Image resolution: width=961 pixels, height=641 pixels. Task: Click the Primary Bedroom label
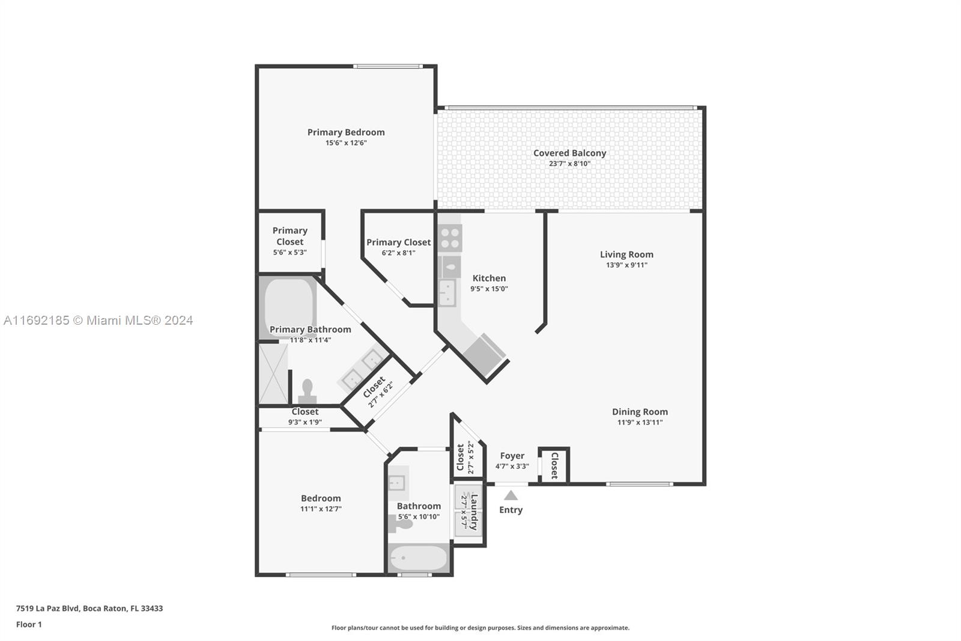[x=346, y=132]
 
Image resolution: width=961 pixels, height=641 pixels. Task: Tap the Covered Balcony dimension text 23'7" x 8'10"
[x=570, y=164]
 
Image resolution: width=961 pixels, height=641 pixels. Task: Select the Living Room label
[x=626, y=254]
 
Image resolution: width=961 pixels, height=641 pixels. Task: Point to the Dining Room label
[x=640, y=411]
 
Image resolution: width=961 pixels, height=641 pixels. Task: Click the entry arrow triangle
[x=511, y=495]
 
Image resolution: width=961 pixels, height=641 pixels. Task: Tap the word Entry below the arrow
[x=511, y=510]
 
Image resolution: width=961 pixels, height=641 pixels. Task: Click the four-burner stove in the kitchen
[x=450, y=238]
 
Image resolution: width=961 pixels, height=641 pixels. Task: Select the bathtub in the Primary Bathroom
[x=288, y=307]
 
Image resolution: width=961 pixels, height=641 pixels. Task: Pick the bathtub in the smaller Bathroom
[x=418, y=557]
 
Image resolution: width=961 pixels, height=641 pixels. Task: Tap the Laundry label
[x=474, y=512]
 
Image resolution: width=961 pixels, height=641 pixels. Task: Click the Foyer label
[x=512, y=455]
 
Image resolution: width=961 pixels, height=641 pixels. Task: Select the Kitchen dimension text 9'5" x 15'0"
[x=489, y=289]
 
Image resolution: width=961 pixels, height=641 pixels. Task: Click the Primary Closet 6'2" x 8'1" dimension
[x=399, y=253]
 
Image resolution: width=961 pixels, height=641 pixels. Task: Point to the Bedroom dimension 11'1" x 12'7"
[x=321, y=509]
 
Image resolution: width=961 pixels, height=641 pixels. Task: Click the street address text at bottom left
[x=89, y=609]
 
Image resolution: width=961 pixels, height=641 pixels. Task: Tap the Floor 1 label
[x=29, y=625]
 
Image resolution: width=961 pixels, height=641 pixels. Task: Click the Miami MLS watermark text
[x=99, y=320]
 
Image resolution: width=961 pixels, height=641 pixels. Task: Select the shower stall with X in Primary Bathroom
[x=273, y=374]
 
